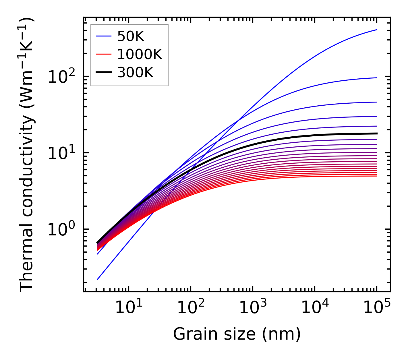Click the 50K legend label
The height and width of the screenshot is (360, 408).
point(130,36)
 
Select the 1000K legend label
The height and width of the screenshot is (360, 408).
point(140,54)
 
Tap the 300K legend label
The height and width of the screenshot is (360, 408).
point(135,73)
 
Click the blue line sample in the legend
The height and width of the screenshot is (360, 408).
point(104,36)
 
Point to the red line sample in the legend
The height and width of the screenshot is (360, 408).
point(104,54)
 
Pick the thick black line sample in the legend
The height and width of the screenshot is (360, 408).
point(104,73)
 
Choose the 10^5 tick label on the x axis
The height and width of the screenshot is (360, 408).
point(376,308)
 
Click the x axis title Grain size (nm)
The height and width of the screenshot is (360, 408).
point(237,334)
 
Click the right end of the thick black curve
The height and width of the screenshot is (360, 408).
point(376,133)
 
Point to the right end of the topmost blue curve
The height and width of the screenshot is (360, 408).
point(376,30)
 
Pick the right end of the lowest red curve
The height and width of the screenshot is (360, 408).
point(376,176)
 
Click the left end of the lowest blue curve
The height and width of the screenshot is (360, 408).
point(98,279)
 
